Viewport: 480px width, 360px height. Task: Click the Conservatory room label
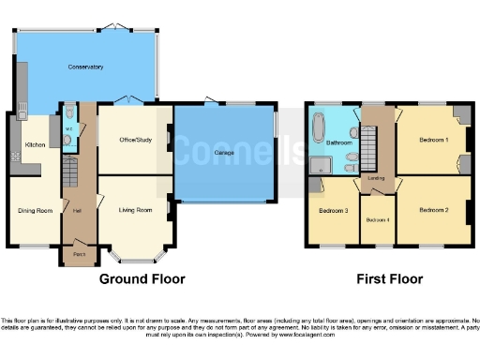tap(84, 67)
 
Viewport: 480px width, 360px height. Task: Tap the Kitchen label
tap(36, 145)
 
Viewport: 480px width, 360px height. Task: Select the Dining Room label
tap(35, 210)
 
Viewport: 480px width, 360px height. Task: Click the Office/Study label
tap(135, 142)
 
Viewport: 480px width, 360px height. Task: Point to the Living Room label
tap(135, 210)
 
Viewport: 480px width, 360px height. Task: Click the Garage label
tap(224, 152)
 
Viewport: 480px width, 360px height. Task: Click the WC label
tap(69, 129)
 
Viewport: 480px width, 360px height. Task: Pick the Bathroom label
tap(338, 142)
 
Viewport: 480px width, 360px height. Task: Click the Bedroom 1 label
tap(433, 140)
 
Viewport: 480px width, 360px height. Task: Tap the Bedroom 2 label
tap(433, 210)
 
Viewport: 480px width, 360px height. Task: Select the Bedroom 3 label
tap(333, 211)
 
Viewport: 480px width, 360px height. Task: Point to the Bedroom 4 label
tap(378, 219)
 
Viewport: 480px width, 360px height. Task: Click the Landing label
tap(377, 177)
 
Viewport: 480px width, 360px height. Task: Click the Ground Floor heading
tap(142, 279)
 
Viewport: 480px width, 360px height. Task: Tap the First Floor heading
tap(389, 279)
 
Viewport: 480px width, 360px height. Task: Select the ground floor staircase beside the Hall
tap(69, 171)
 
